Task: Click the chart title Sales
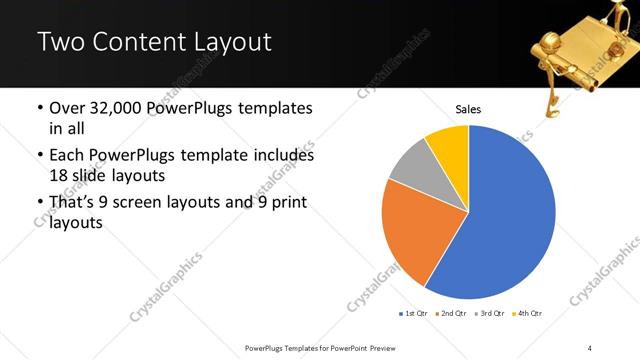click(468, 109)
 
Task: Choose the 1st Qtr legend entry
click(413, 314)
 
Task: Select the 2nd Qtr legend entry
click(452, 314)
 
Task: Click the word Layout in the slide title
click(238, 42)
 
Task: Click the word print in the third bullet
click(285, 204)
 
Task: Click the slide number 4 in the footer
click(590, 347)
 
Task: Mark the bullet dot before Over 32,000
click(39, 108)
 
